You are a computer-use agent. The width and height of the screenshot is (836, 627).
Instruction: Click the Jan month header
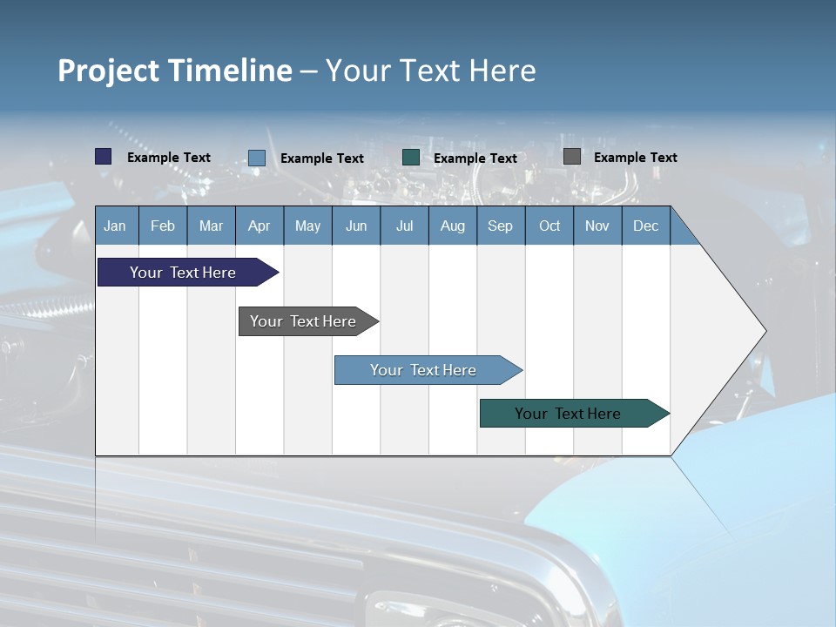[115, 226]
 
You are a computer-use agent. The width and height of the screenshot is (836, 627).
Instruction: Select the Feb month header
[163, 226]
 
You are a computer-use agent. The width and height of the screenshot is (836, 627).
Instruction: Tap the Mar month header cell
[211, 226]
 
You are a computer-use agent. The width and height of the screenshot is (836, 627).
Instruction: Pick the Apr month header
[259, 226]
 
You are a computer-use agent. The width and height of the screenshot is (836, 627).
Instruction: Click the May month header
[307, 226]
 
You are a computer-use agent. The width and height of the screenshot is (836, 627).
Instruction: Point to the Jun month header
[356, 226]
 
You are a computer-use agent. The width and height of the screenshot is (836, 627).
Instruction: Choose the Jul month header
[404, 226]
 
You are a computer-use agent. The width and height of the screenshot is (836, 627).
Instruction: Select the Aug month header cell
[453, 226]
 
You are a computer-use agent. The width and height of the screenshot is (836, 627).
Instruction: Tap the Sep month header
[501, 226]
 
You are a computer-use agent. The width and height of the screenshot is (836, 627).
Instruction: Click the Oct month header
[549, 226]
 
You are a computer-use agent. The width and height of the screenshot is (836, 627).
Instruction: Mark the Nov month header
[597, 226]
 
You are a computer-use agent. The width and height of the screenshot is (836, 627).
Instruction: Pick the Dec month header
[646, 226]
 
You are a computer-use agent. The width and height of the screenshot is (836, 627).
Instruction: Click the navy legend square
[104, 157]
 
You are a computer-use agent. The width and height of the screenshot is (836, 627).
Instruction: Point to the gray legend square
[572, 157]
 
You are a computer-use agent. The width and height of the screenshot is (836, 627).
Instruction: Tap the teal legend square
[411, 158]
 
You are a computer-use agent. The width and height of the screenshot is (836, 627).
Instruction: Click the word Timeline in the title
[230, 71]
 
